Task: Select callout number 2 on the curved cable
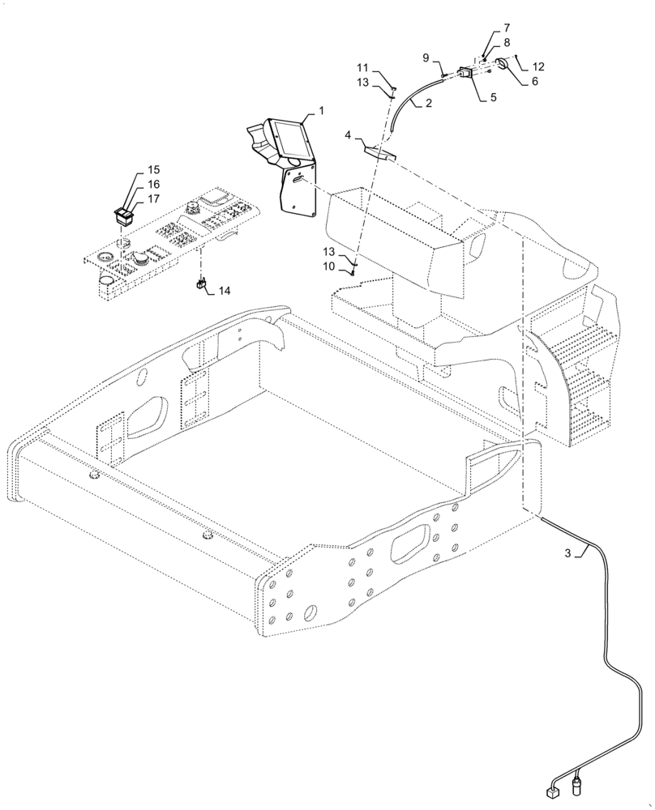pos(427,103)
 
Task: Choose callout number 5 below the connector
pos(493,97)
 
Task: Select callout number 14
pos(224,290)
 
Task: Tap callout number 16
pos(153,185)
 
